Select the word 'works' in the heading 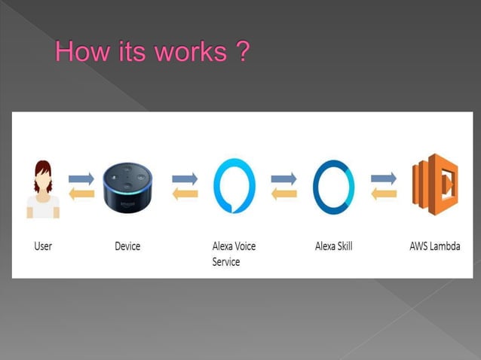(186, 53)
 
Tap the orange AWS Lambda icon (435, 185)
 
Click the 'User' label (43, 246)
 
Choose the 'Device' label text (127, 246)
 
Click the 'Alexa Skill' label (333, 246)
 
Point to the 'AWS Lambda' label (434, 246)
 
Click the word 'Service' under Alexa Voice (226, 262)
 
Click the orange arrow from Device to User (81, 194)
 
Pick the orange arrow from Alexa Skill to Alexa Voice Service (284, 194)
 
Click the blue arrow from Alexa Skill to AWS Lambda (384, 178)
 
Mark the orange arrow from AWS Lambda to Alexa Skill (384, 194)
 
